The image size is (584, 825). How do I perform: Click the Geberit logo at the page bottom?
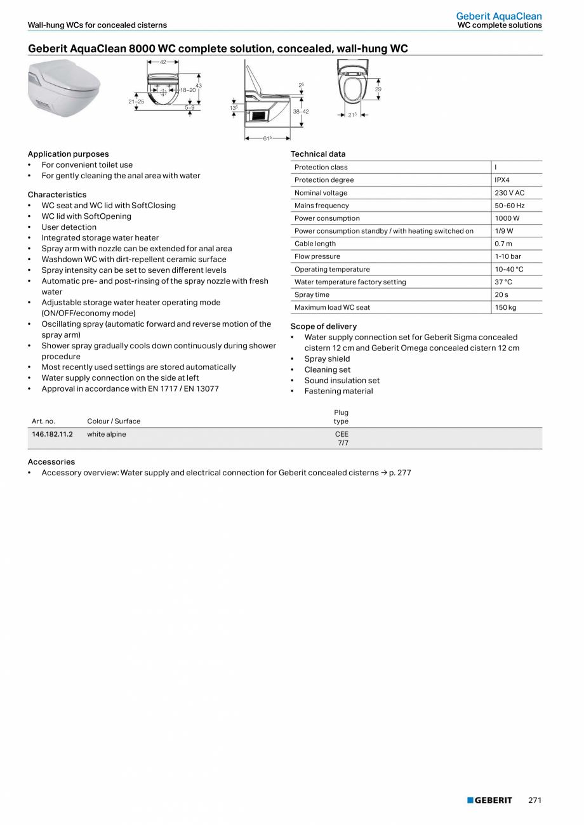[489, 800]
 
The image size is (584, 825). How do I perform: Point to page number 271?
[534, 800]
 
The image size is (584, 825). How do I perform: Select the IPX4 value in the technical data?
[502, 180]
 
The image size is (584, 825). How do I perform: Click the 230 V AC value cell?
[509, 193]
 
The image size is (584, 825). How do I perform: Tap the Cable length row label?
[315, 244]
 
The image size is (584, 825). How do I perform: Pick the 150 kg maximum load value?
[505, 307]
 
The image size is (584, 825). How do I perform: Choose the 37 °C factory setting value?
[503, 282]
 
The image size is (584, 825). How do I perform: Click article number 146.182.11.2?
[52, 434]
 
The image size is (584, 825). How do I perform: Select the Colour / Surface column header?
[114, 421]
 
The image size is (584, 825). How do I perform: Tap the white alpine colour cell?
[107, 434]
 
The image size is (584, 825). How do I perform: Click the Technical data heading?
[318, 154]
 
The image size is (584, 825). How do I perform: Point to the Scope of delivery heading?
[324, 326]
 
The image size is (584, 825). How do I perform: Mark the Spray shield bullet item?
[327, 359]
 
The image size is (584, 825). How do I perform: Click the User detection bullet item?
[69, 227]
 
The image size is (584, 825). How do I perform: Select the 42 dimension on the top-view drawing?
[163, 62]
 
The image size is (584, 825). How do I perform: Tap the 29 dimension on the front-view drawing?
[378, 89]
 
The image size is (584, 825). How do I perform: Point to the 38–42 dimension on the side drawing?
[300, 112]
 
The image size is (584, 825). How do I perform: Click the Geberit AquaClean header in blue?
[499, 16]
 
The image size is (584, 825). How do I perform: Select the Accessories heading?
[51, 462]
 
